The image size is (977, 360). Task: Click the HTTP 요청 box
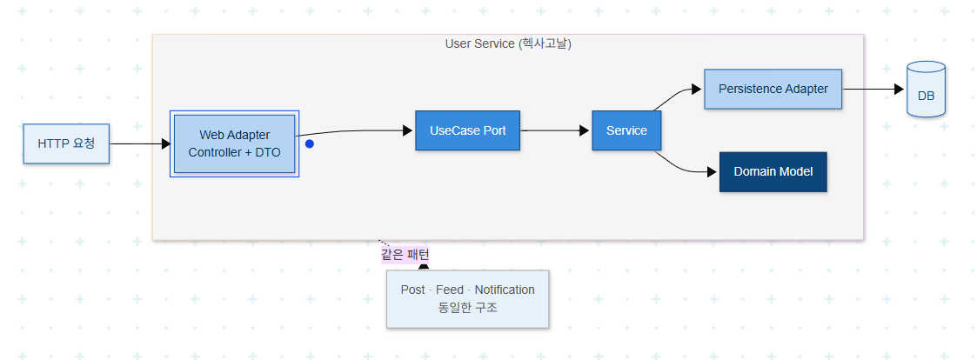66,143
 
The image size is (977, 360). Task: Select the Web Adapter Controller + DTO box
234,143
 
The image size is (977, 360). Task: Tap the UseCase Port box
467,130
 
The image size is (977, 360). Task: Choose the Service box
626,130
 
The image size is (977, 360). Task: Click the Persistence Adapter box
773,89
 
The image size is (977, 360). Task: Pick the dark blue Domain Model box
773,172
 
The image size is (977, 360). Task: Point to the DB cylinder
926,89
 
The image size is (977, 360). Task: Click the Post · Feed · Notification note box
467,299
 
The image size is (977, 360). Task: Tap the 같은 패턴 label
405,255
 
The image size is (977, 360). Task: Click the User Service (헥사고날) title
508,43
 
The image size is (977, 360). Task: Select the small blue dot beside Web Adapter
309,143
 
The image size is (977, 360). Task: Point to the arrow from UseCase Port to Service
554,130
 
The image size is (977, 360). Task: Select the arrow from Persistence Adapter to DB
873,89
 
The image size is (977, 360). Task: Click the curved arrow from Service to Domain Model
684,166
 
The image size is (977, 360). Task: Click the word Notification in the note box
505,290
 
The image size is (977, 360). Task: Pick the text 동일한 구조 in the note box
467,308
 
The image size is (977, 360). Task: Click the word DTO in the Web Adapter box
268,152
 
